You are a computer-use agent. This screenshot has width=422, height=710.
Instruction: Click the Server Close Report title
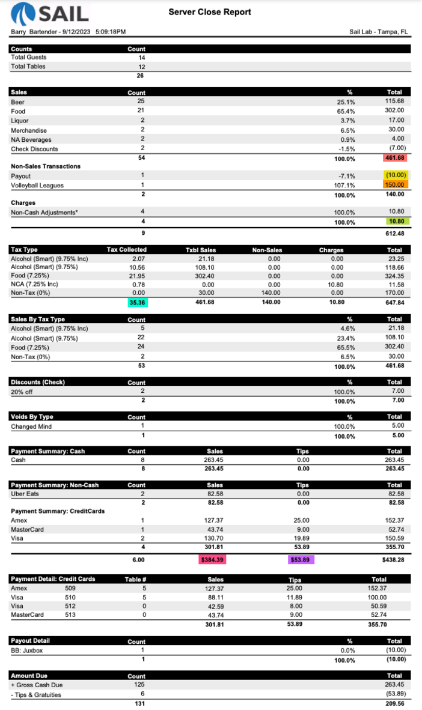210,12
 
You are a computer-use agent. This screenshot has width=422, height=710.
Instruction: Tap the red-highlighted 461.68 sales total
395,158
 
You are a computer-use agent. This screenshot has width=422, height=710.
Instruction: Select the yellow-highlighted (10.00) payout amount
395,176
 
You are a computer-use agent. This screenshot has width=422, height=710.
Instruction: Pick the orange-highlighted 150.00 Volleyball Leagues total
395,185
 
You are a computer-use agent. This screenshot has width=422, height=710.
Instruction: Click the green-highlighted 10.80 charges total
395,222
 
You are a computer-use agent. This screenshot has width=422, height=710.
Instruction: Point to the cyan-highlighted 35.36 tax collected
138,302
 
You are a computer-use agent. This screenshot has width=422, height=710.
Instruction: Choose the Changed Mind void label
31,426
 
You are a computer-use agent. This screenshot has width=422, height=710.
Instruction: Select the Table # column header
136,579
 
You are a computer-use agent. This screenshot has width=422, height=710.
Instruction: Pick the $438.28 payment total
394,559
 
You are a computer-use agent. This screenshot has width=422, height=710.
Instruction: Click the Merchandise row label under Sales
29,130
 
